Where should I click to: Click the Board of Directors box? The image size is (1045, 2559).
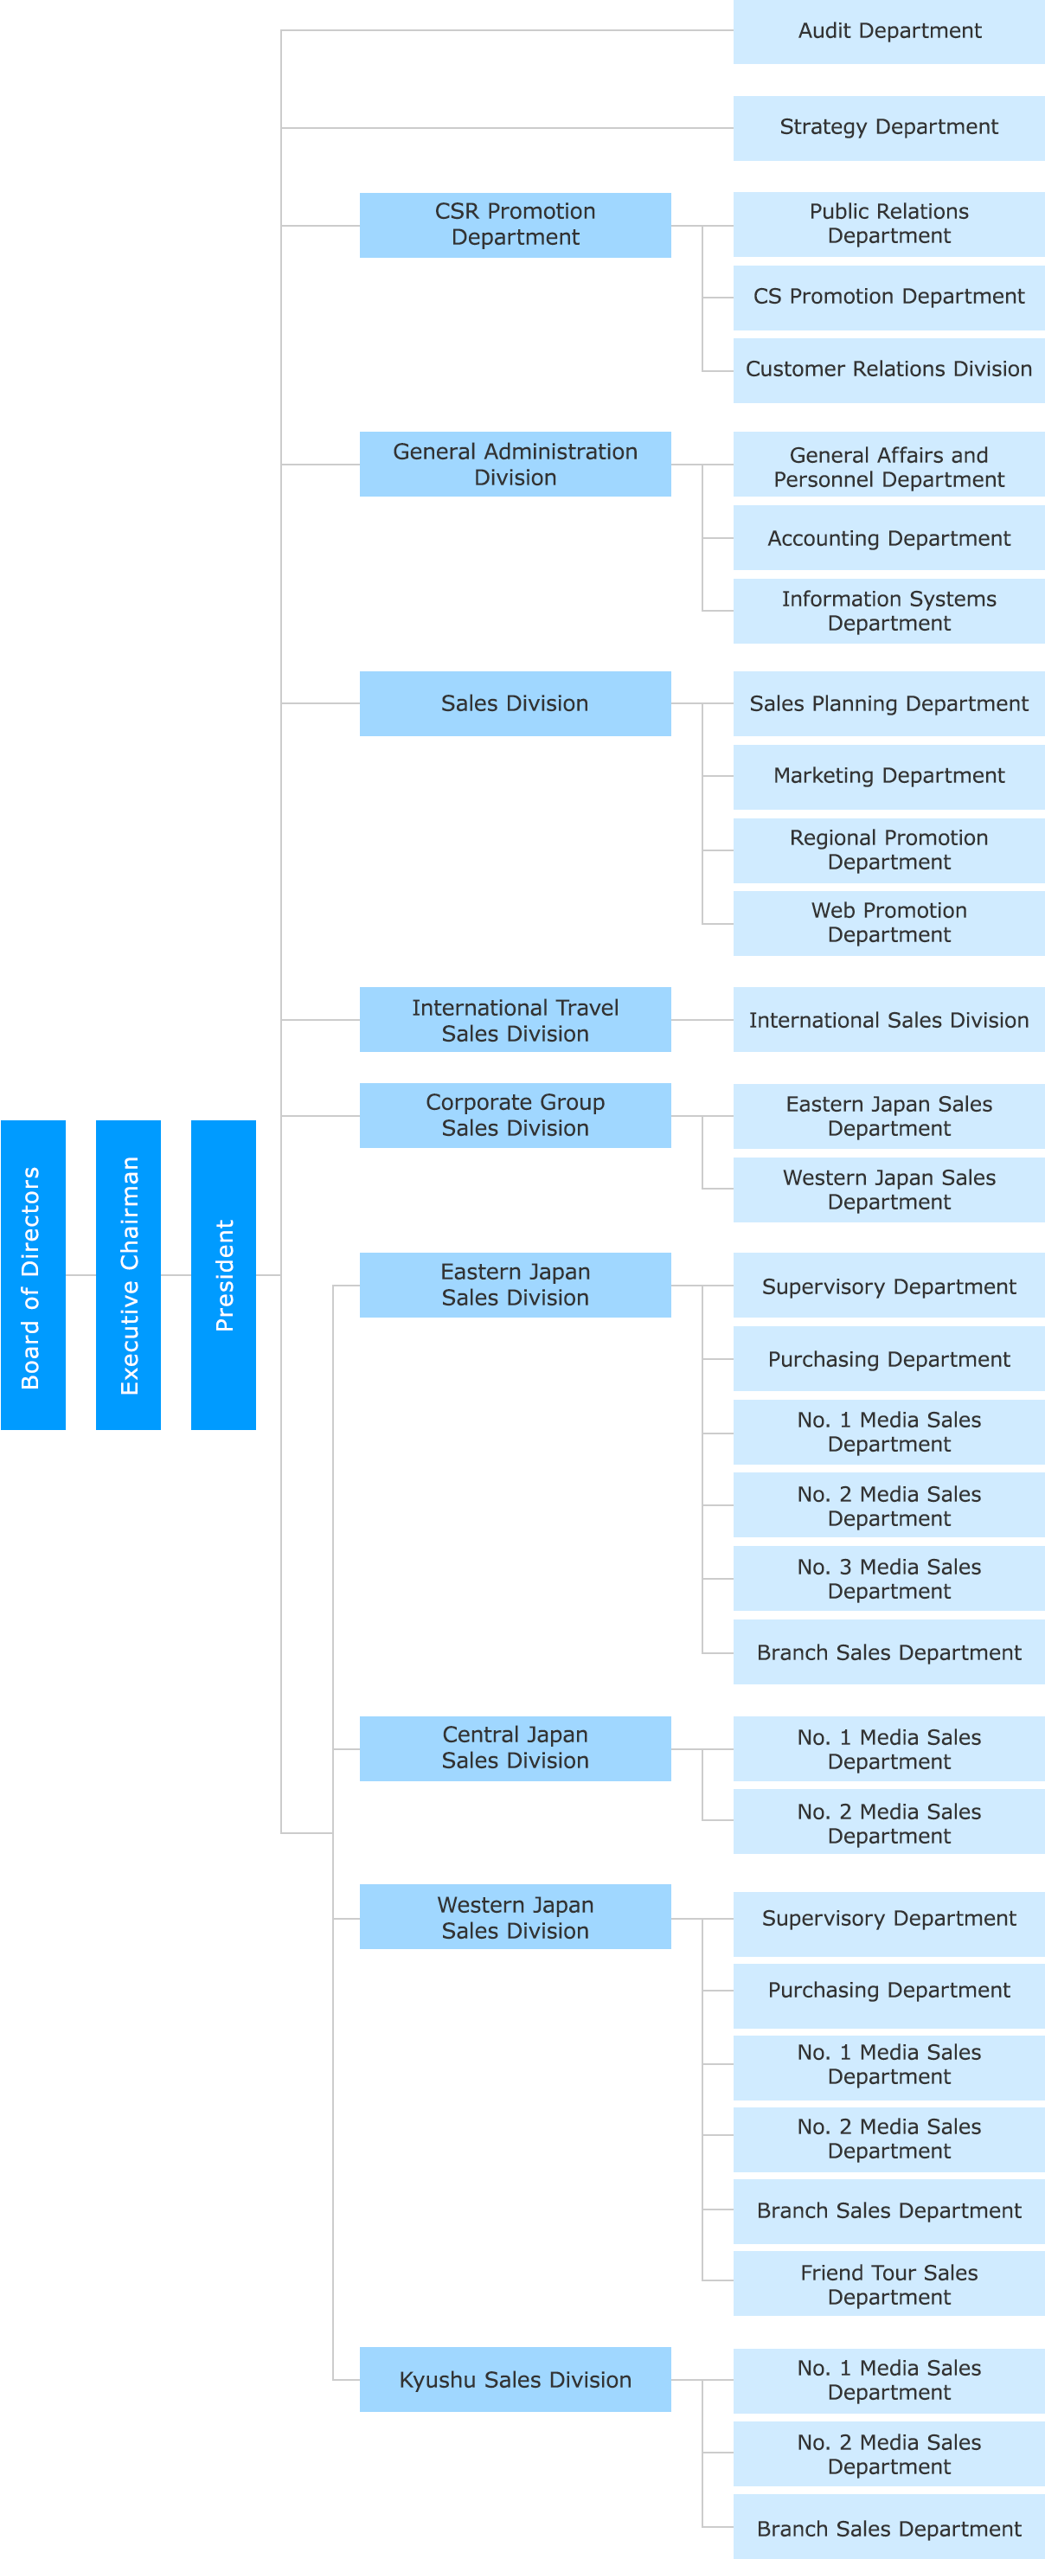(x=33, y=1274)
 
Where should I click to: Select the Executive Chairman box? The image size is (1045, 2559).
(x=128, y=1274)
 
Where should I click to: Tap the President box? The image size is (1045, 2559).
(x=223, y=1274)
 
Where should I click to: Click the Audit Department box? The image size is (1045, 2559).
(x=888, y=31)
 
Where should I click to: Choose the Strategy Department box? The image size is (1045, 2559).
(x=888, y=127)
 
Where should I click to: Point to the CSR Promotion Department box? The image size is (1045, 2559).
(x=515, y=225)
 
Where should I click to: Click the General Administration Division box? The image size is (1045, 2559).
(x=515, y=464)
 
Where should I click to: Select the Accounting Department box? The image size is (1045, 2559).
(x=888, y=538)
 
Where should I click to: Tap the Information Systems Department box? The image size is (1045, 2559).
(x=888, y=611)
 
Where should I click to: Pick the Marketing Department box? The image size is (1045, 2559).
(x=888, y=776)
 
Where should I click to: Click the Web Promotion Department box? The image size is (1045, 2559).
(x=888, y=923)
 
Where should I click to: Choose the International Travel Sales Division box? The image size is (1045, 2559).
(x=515, y=1020)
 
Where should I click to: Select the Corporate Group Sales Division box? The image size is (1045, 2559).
(x=515, y=1116)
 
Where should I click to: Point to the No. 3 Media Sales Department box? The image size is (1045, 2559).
(x=888, y=1579)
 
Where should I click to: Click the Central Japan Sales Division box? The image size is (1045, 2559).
(x=515, y=1748)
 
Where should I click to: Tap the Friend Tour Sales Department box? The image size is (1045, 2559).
(x=888, y=2285)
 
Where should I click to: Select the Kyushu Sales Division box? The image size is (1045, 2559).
(x=515, y=2379)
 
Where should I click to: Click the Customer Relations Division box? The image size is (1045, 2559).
(x=888, y=369)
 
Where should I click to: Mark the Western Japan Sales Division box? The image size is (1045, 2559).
(x=515, y=1917)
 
